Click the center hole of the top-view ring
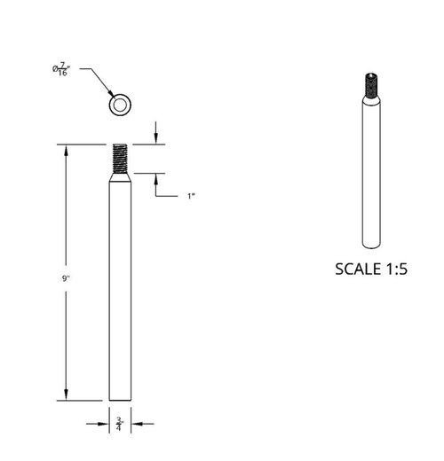(x=118, y=106)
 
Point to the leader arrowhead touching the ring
(x=111, y=97)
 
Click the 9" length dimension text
(x=67, y=278)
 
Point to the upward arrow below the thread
(x=156, y=179)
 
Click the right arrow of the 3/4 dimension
(x=135, y=423)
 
